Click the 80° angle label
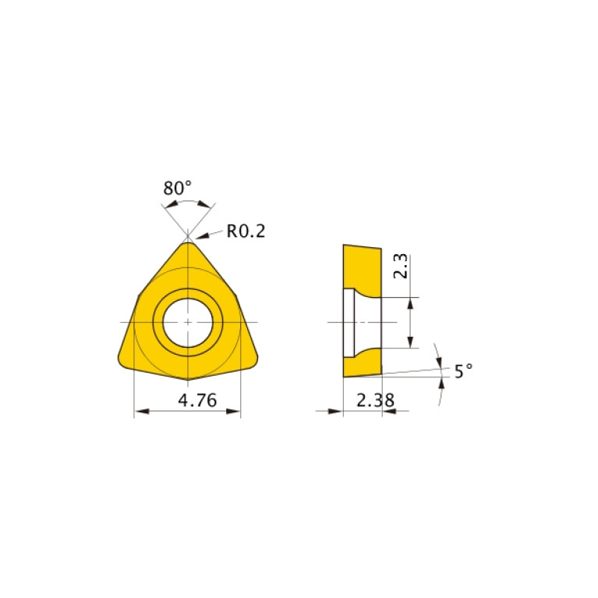tap(177, 188)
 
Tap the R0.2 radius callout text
tap(246, 231)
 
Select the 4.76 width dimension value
tap(197, 401)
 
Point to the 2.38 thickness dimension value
tap(375, 401)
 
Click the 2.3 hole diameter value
tap(401, 266)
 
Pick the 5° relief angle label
tap(463, 370)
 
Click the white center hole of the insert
tap(188, 323)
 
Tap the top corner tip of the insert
tap(188, 242)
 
